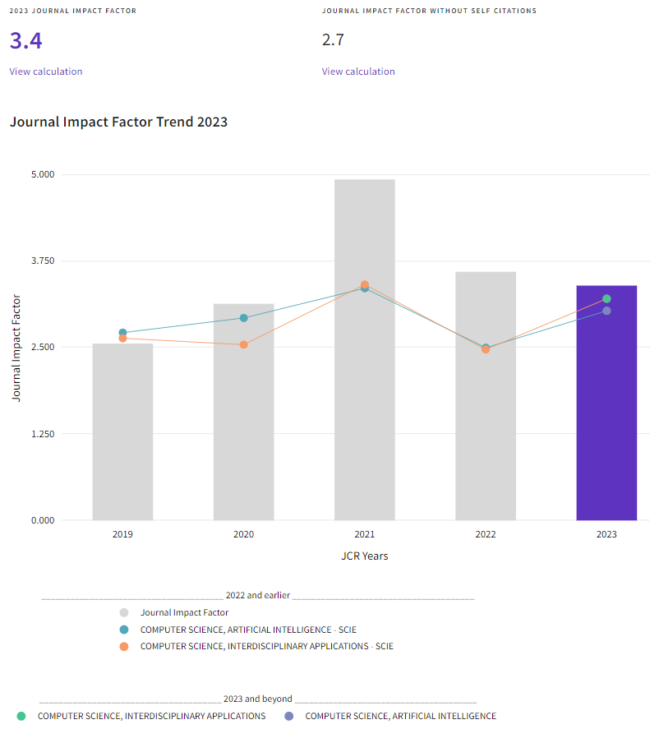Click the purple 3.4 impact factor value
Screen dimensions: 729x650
pyautogui.click(x=25, y=40)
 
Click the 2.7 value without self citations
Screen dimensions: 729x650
pyautogui.click(x=334, y=40)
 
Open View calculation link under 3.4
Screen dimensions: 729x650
pyautogui.click(x=46, y=72)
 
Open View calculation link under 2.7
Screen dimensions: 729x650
pyautogui.click(x=358, y=72)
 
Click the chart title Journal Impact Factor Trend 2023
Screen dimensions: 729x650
pyautogui.click(x=118, y=122)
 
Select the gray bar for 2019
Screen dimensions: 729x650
pyautogui.click(x=122, y=431)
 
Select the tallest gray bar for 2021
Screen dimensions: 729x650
pyautogui.click(x=364, y=349)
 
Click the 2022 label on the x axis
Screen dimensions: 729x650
pyautogui.click(x=486, y=534)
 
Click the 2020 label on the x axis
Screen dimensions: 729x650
pyautogui.click(x=243, y=534)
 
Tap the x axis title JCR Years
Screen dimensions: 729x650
pyautogui.click(x=364, y=556)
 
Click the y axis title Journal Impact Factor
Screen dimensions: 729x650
pyautogui.click(x=16, y=348)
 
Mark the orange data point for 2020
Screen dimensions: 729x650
pyautogui.click(x=243, y=344)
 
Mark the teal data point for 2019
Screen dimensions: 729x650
pyautogui.click(x=122, y=333)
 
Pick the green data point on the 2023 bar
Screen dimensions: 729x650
pyautogui.click(x=606, y=299)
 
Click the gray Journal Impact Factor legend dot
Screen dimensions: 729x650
pyautogui.click(x=123, y=612)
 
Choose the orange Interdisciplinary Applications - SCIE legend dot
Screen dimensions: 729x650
pyautogui.click(x=123, y=647)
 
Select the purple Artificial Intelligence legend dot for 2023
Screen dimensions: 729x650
pyautogui.click(x=288, y=716)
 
